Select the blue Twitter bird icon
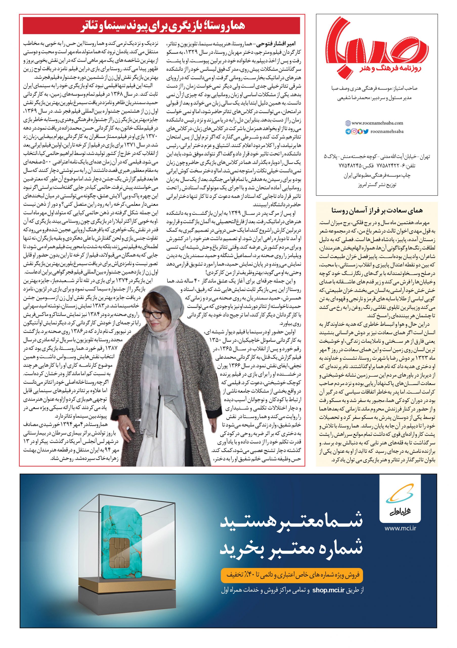click(x=366, y=132)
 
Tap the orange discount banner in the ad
click(x=292, y=565)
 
